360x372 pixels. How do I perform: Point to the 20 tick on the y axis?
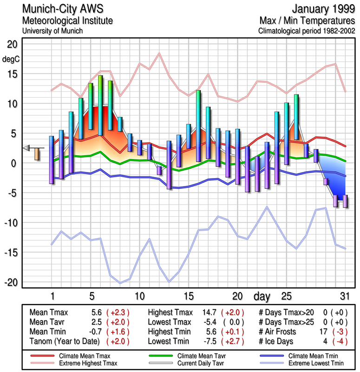[x=12, y=44]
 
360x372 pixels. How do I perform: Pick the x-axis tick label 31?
[x=345, y=296]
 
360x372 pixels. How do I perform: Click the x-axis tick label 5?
[x=91, y=296]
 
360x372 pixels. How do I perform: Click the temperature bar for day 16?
[x=198, y=126]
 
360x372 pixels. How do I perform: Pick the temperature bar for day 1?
[x=52, y=159]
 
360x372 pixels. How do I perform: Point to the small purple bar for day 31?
[x=345, y=201]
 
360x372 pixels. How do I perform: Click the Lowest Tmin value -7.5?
[x=207, y=342]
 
